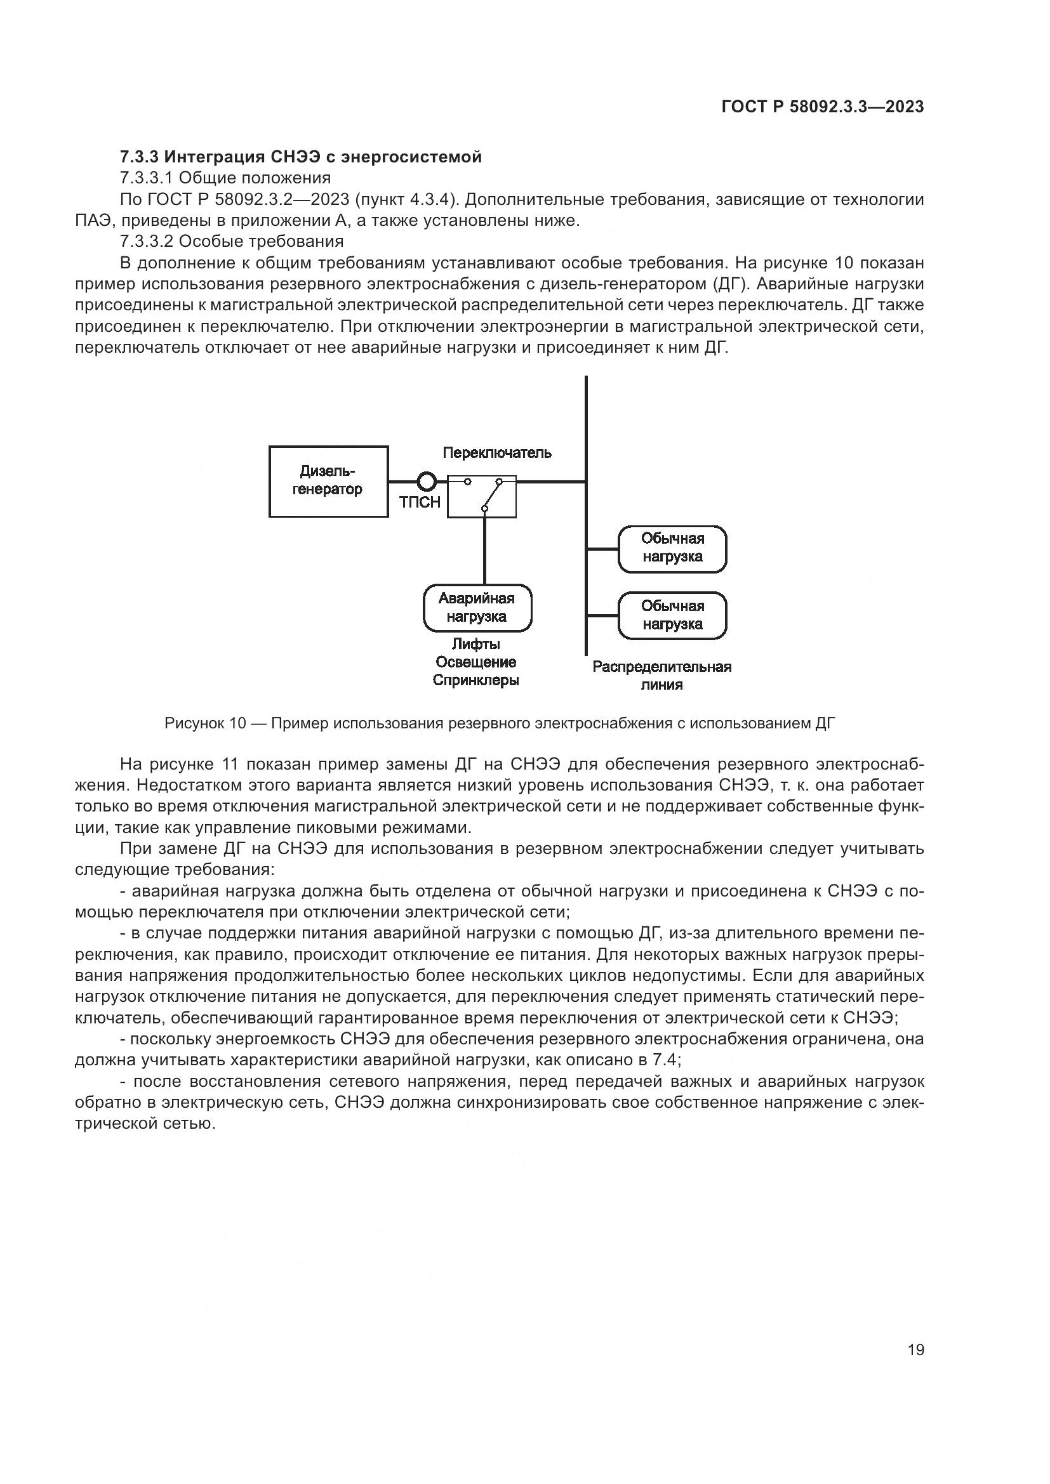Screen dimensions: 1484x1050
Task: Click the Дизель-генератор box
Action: coord(328,481)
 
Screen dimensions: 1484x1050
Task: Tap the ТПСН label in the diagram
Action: coord(420,502)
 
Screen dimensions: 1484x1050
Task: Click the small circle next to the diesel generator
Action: coord(427,482)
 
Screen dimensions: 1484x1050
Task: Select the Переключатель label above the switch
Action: coord(496,453)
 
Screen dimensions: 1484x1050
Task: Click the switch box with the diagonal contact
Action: coord(482,496)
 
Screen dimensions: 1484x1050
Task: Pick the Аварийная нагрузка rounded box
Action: coord(477,608)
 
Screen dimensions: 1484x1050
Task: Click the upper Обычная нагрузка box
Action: coord(672,548)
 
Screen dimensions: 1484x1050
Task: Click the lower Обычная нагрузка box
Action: coord(672,615)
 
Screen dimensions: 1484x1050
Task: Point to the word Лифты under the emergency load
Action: coord(476,644)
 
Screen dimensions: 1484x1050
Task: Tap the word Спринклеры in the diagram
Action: coord(476,681)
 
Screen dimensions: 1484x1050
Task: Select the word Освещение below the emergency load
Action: coord(476,662)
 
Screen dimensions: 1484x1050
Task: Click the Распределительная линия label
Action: coord(661,676)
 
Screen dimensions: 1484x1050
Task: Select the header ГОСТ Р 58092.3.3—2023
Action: coord(822,107)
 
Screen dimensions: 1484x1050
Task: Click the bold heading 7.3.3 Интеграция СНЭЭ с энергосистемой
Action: coord(301,157)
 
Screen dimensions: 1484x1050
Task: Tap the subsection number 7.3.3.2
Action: coord(147,242)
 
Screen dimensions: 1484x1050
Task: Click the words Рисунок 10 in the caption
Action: coord(205,723)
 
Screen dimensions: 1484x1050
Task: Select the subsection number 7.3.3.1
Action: coord(147,178)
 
